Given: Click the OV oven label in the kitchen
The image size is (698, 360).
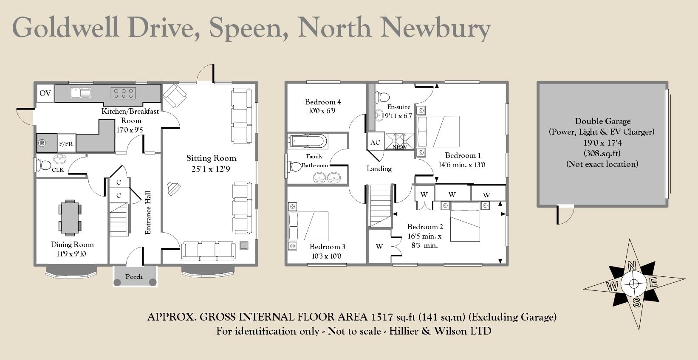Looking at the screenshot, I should [x=45, y=93].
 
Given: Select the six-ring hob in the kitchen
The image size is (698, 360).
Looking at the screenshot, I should [x=123, y=93].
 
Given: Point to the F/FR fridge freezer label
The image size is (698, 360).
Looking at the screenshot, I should [x=66, y=144].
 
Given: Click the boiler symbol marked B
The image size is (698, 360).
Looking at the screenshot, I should [x=42, y=143].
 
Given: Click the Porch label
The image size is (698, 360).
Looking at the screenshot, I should [x=134, y=277].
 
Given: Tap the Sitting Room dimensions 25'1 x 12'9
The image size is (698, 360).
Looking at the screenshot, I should [x=211, y=169].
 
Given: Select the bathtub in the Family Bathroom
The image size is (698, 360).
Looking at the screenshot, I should [x=308, y=141].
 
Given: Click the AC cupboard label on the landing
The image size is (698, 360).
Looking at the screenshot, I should [x=375, y=143].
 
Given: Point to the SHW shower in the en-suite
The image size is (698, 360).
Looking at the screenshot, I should [x=400, y=142].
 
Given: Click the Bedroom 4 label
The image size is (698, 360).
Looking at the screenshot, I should [x=323, y=102].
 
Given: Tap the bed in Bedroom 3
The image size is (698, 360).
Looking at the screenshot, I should [x=308, y=226].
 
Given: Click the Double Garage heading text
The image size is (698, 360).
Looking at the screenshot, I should [x=602, y=121].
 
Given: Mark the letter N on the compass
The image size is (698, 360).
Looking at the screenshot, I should [x=632, y=266].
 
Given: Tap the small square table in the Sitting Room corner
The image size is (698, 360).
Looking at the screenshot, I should [x=244, y=245].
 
